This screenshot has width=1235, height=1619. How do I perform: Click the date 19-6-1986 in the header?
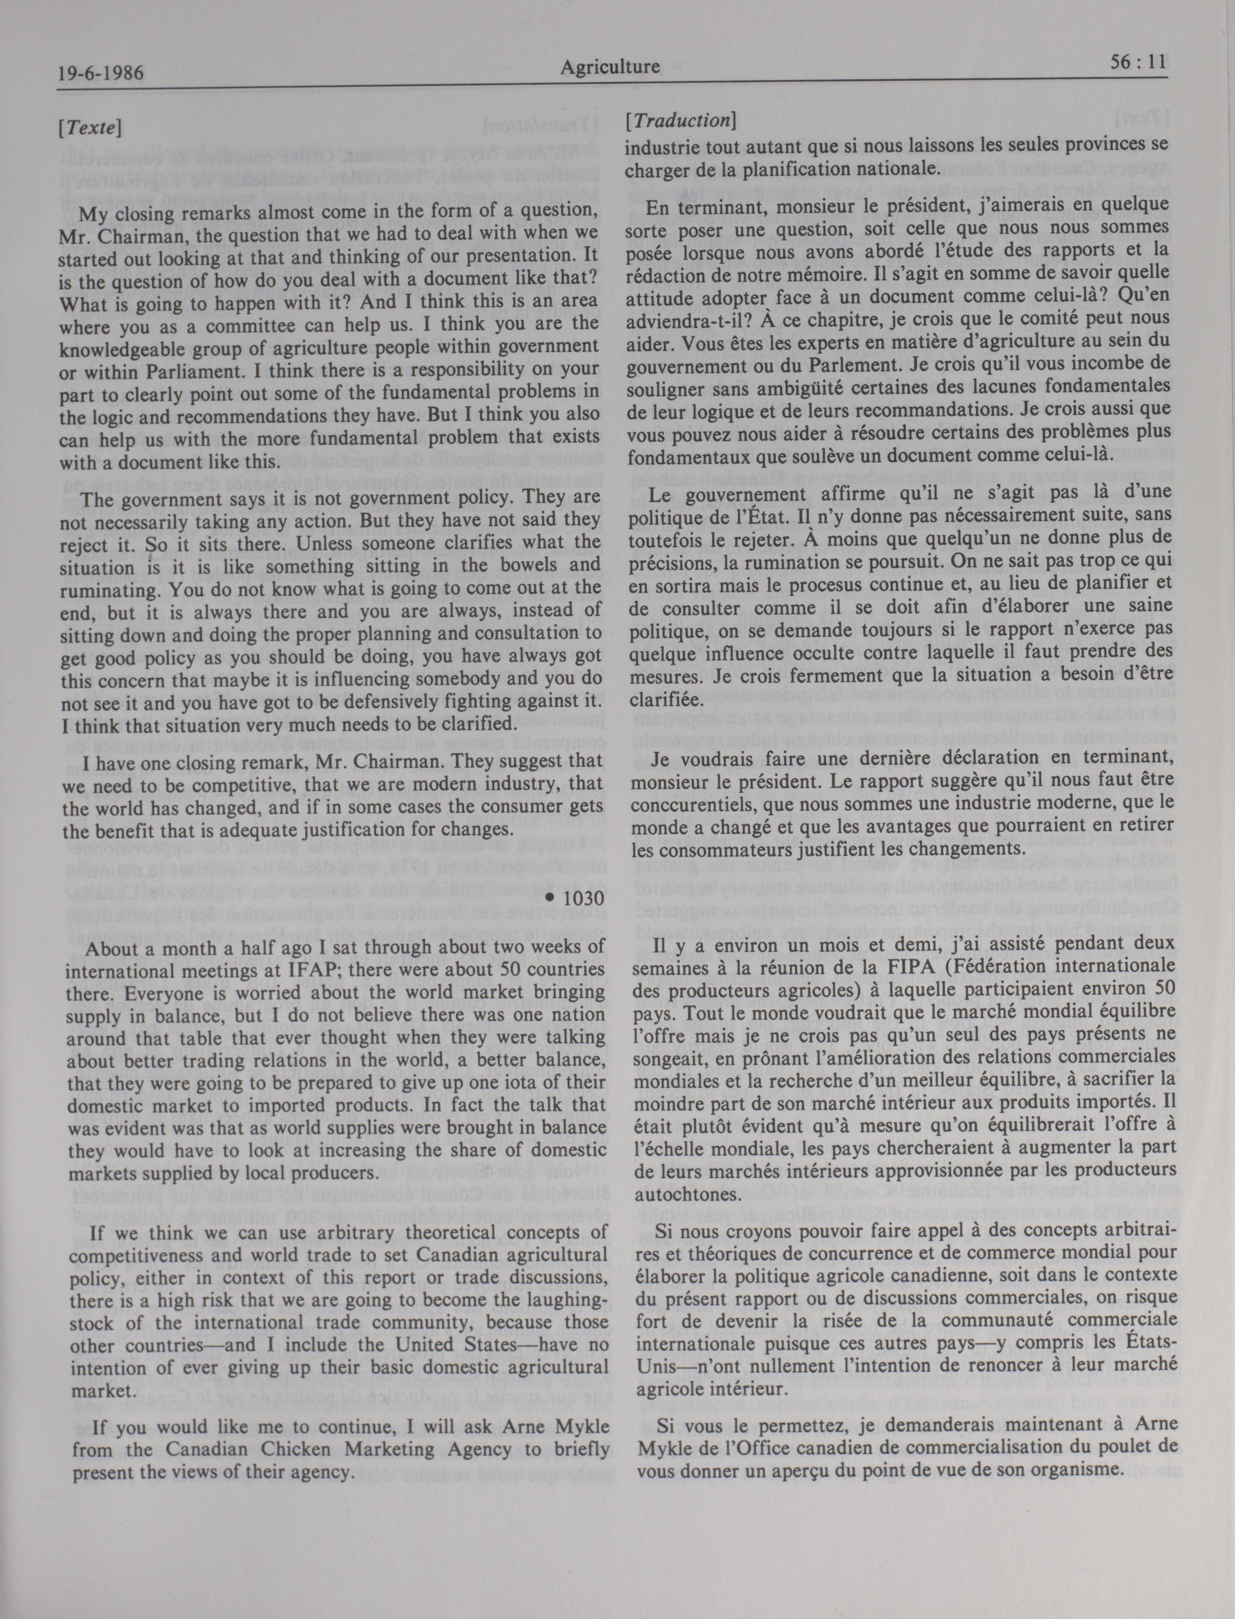[x=100, y=73]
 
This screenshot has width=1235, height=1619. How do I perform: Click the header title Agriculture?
[x=610, y=67]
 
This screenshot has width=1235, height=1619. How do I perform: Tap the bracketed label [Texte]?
[x=89, y=127]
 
